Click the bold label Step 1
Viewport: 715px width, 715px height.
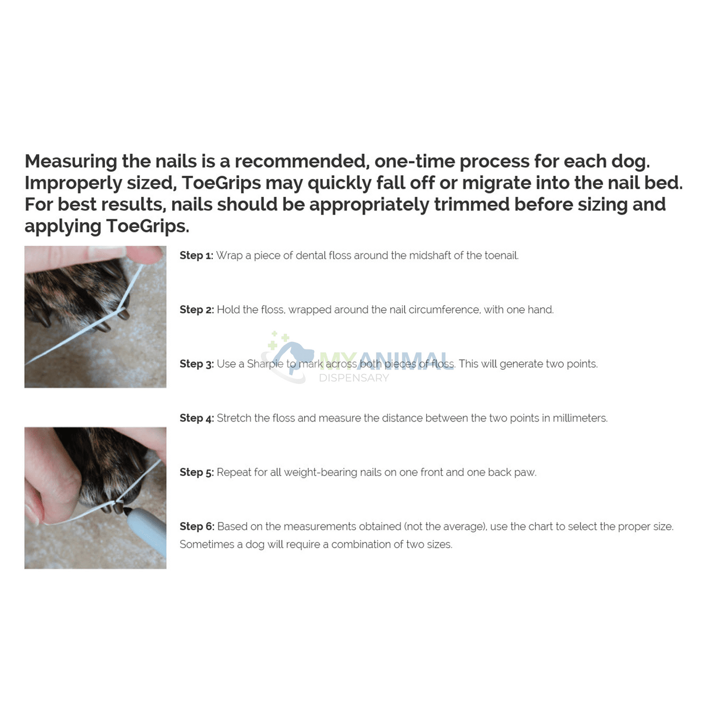click(196, 256)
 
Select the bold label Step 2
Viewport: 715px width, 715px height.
click(196, 310)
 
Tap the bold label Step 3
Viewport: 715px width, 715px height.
click(196, 364)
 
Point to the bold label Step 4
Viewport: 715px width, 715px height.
click(196, 418)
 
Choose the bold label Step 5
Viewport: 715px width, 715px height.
click(196, 473)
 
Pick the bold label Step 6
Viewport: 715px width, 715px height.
click(196, 526)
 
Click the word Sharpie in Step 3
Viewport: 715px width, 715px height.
click(265, 364)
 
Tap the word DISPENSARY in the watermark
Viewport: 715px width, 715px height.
click(354, 378)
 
